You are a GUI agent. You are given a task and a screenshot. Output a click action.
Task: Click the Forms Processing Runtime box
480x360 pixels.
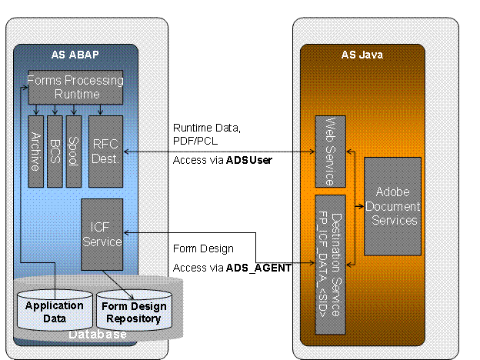coord(76,87)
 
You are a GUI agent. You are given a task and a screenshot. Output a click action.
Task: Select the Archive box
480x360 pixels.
coord(35,152)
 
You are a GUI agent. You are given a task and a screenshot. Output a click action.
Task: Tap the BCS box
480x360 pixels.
coord(55,152)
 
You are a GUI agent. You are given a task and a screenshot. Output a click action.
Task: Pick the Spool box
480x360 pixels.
coord(73,152)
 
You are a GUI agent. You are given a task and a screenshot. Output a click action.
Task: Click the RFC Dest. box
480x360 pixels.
coord(105,152)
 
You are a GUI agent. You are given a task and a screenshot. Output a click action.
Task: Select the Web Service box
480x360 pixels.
coord(328,152)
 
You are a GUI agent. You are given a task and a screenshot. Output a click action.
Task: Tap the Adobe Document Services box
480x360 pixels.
coord(392,206)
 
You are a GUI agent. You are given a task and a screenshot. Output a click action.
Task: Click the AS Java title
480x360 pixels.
coord(362,55)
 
